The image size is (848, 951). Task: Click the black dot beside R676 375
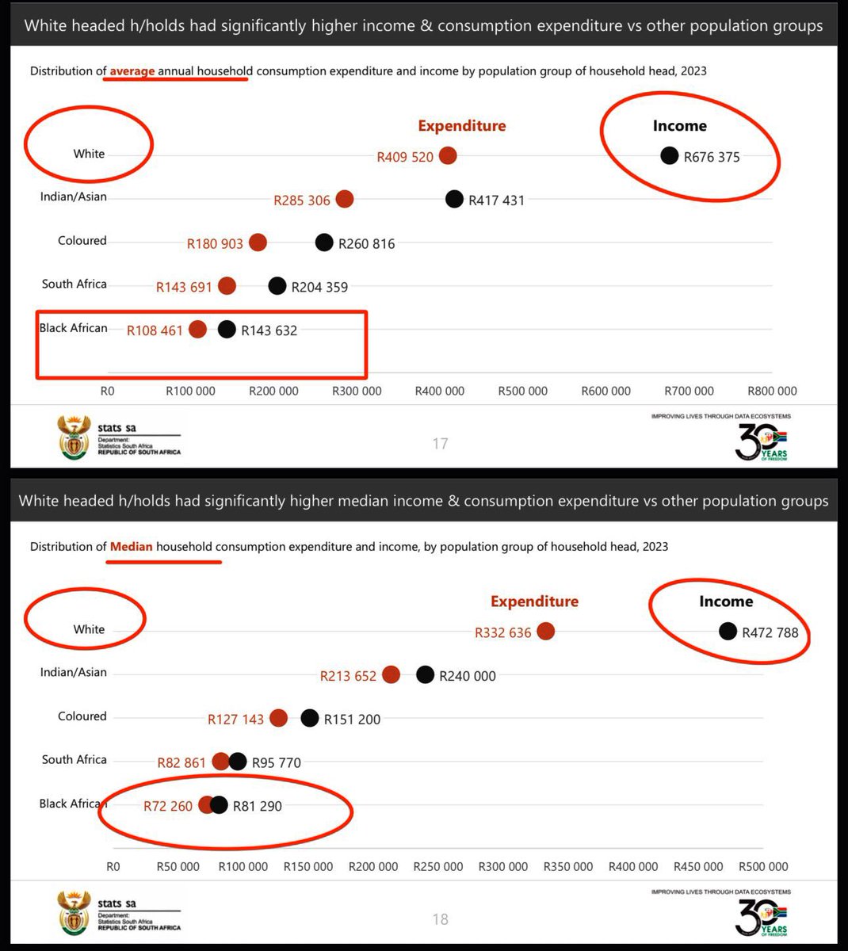(670, 156)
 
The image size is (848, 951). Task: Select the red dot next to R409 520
(448, 156)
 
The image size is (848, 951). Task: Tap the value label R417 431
(496, 201)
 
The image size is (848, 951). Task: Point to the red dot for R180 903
(258, 243)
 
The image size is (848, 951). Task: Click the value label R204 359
(319, 287)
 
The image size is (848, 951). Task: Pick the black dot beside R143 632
(227, 330)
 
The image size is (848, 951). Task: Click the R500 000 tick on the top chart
(522, 391)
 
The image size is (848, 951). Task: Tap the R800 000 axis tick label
(772, 391)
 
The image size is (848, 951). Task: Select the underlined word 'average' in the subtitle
(132, 71)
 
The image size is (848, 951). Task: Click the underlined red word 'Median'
(131, 547)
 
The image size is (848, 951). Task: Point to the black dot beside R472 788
(728, 631)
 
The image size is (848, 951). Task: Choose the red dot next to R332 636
(545, 631)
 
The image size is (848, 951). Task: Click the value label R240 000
(468, 676)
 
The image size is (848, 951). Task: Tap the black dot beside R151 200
(310, 718)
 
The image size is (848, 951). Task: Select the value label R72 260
(168, 806)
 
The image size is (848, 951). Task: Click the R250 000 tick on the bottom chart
(437, 866)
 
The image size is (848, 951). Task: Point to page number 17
(441, 444)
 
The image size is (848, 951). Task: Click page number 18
(441, 919)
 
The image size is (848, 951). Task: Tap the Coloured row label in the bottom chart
(82, 716)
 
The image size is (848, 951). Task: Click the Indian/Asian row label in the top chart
(73, 197)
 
